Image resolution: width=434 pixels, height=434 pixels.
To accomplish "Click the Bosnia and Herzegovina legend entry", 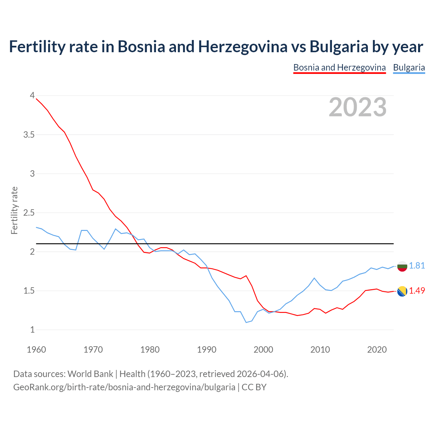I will (x=339, y=67).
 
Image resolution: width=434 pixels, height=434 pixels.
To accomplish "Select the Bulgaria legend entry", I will (x=409, y=67).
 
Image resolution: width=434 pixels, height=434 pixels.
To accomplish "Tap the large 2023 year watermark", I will (x=358, y=107).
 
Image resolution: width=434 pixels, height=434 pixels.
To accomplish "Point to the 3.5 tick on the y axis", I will (x=29, y=135).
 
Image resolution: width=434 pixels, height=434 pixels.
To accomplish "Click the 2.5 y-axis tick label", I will (x=29, y=213).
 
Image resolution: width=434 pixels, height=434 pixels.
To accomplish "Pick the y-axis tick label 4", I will (x=32, y=96).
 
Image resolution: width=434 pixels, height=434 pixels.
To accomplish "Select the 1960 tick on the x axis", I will (x=36, y=350).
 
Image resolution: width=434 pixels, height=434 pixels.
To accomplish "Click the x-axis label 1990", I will (x=206, y=350).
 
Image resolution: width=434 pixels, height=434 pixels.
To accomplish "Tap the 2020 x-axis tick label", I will (x=377, y=350).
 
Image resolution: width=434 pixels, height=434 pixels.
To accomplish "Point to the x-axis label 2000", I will (x=263, y=350).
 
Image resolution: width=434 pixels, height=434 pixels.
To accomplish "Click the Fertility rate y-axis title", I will (x=14, y=210).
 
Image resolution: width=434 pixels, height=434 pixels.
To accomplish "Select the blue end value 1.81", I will (x=417, y=265).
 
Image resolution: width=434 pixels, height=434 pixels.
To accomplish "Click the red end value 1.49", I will (x=417, y=291).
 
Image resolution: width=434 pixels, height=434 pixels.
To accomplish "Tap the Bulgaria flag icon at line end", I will (x=402, y=266).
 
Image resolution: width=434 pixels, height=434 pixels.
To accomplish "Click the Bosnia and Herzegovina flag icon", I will (x=402, y=291).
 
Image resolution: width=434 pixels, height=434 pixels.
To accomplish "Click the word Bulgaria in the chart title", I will (x=339, y=46).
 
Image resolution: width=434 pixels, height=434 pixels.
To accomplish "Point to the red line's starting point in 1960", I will (x=36, y=99).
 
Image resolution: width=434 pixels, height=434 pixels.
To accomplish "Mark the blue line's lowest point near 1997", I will (x=246, y=322).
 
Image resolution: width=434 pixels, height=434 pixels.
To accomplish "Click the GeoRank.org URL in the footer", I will (x=124, y=387).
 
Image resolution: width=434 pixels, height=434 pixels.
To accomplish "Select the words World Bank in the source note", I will (x=90, y=374).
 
